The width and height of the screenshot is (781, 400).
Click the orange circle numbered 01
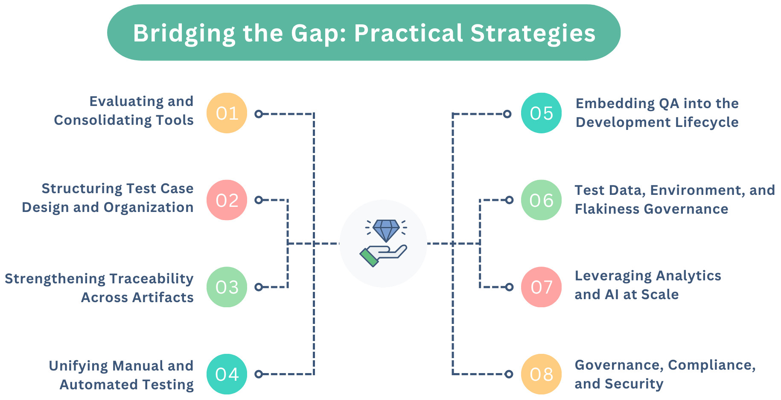[x=227, y=113]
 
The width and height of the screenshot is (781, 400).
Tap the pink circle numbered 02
[x=227, y=200]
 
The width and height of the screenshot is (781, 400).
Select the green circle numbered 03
[x=227, y=287]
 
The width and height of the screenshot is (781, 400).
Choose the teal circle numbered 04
[x=227, y=374]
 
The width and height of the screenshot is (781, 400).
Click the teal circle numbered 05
[x=541, y=113]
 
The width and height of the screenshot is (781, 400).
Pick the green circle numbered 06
[x=541, y=200]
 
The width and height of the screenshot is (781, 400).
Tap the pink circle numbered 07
[x=541, y=287]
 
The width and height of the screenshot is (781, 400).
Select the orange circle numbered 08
[x=541, y=374]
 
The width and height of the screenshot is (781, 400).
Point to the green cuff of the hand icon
[x=369, y=258]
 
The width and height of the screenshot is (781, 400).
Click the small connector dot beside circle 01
[x=259, y=114]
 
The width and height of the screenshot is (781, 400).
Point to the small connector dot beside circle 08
[x=509, y=374]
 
